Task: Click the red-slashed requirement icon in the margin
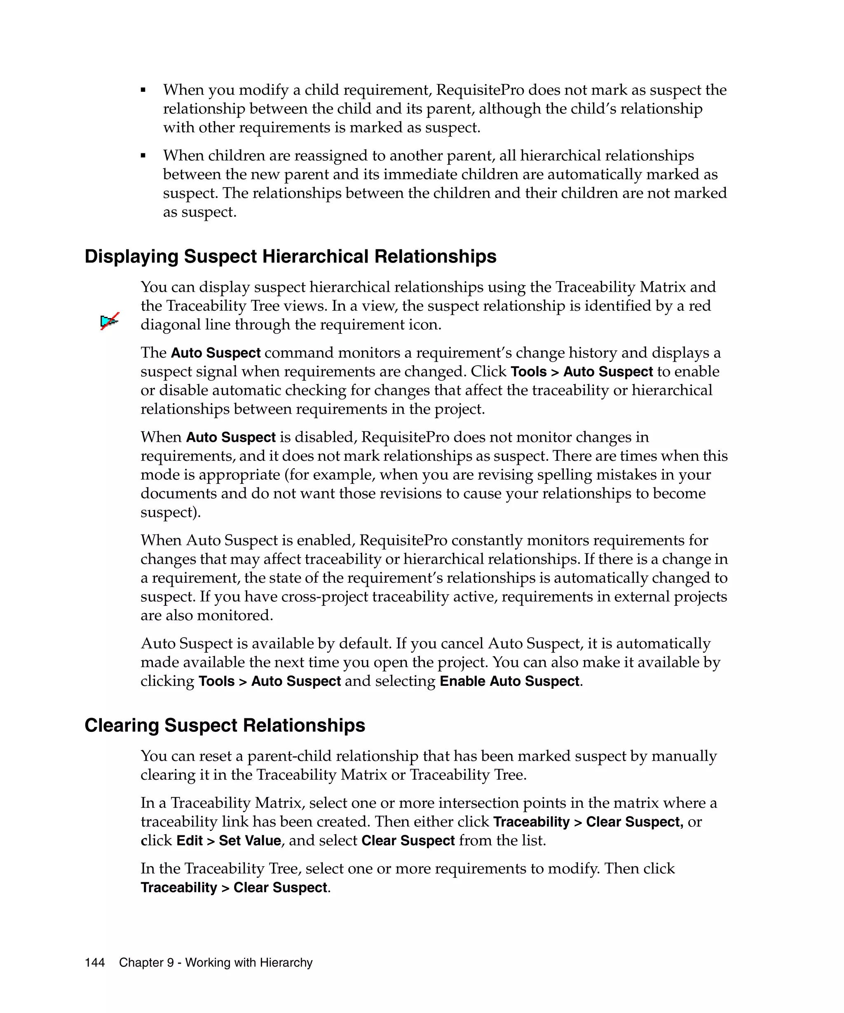click(x=110, y=321)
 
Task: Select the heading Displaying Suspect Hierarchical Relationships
click(x=291, y=256)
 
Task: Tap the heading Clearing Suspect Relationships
click(x=225, y=725)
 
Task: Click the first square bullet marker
click(x=143, y=90)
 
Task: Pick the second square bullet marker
click(x=143, y=155)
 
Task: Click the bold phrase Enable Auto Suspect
click(x=509, y=681)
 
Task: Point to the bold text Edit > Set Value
click(x=229, y=840)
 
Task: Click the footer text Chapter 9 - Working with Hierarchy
click(x=216, y=962)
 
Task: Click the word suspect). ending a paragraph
click(x=170, y=512)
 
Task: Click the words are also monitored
click(x=206, y=616)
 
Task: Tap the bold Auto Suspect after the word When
click(x=230, y=437)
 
